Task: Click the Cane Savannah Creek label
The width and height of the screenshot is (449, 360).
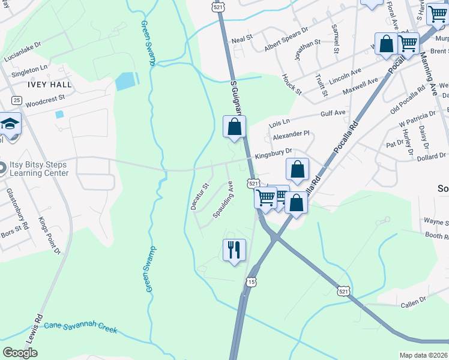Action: [x=82, y=328]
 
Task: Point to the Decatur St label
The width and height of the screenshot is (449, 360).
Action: [x=199, y=196]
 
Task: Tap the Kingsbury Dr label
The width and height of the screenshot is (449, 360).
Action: [x=273, y=153]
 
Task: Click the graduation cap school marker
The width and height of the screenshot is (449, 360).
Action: [x=10, y=124]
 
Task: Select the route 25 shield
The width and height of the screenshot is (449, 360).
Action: [x=16, y=100]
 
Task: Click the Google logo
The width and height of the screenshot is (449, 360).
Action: [x=20, y=353]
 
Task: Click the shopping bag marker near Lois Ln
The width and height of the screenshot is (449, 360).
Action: [x=235, y=127]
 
